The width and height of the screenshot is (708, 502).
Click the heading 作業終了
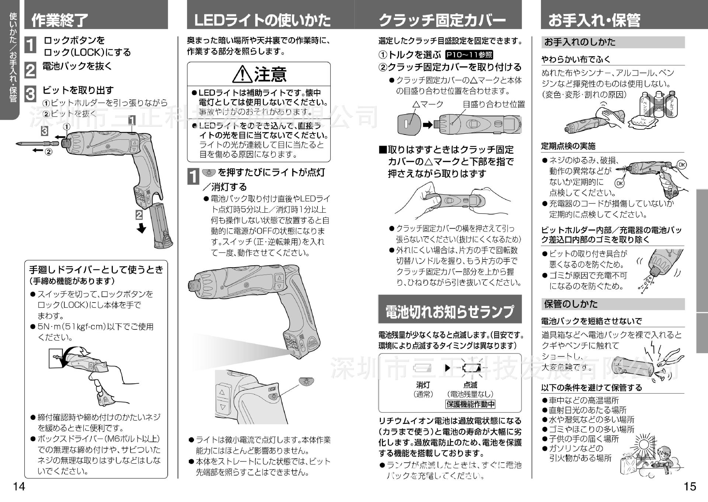pyautogui.click(x=60, y=20)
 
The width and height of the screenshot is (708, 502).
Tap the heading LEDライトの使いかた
pyautogui.click(x=262, y=20)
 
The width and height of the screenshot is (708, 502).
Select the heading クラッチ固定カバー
pyautogui.click(x=442, y=20)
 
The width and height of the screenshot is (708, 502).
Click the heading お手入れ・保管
pyautogui.click(x=594, y=20)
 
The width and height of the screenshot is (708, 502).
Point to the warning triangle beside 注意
pyautogui.click(x=242, y=74)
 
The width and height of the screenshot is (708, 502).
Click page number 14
pyautogui.click(x=19, y=487)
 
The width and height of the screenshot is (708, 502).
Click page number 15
pyautogui.click(x=690, y=487)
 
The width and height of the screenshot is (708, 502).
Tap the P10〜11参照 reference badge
pyautogui.click(x=469, y=55)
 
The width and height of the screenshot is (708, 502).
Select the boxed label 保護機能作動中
pyautogui.click(x=471, y=404)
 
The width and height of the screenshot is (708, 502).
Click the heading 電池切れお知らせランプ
pyautogui.click(x=450, y=311)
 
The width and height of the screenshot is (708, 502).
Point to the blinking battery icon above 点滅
pyautogui.click(x=471, y=367)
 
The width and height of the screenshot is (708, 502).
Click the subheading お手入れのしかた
pyautogui.click(x=580, y=42)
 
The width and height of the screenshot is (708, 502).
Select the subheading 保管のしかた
pyautogui.click(x=571, y=304)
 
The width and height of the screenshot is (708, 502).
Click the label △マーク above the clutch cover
pyautogui.click(x=428, y=104)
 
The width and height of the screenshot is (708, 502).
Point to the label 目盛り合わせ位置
pyautogui.click(x=494, y=104)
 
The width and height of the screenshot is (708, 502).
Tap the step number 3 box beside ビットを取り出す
pyautogui.click(x=30, y=94)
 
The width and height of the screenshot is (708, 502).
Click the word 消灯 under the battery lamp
pyautogui.click(x=423, y=385)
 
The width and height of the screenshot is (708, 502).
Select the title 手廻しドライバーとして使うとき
pyautogui.click(x=96, y=270)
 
